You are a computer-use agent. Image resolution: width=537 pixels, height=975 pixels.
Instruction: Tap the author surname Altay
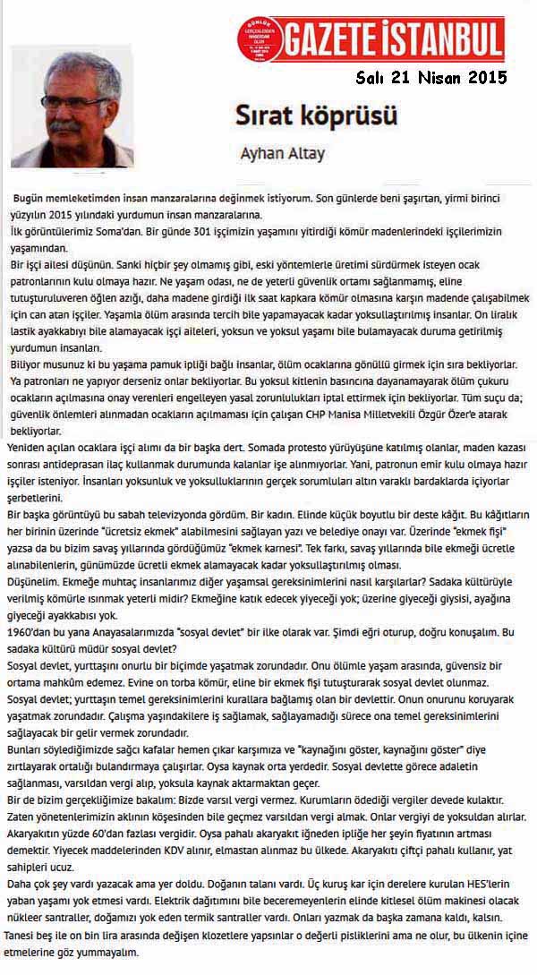pyautogui.click(x=306, y=153)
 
